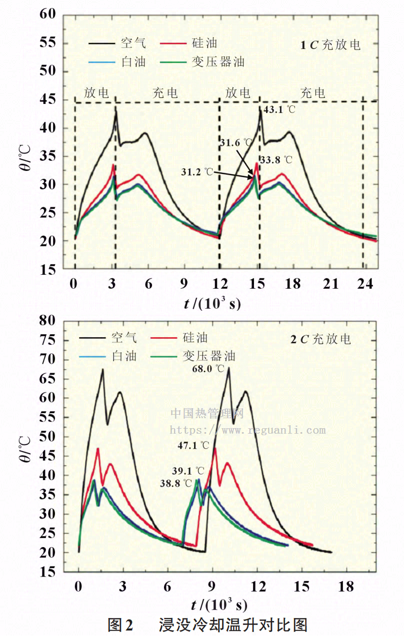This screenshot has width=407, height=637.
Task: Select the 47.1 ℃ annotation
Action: [x=193, y=445]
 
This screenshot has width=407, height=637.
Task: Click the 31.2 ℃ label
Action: [x=197, y=172]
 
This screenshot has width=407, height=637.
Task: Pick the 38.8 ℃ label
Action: [x=176, y=483]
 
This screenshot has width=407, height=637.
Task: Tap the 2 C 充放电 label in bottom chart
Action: [x=321, y=339]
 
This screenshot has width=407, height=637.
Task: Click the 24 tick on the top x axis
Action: [x=365, y=284]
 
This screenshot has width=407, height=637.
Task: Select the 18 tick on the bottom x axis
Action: [x=346, y=586]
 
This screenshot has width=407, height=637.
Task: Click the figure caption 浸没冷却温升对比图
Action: [x=232, y=625]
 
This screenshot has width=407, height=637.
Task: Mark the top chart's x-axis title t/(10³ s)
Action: [x=212, y=303]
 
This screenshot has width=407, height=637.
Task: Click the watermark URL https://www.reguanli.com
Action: [x=248, y=430]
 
